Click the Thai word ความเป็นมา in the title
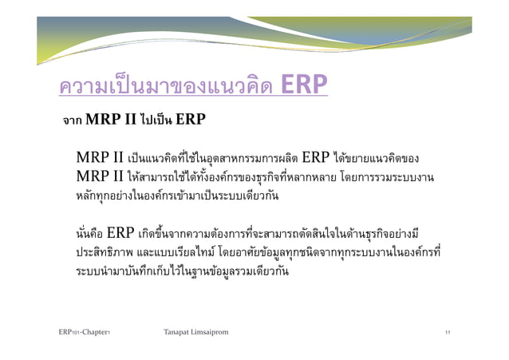(104, 85)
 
